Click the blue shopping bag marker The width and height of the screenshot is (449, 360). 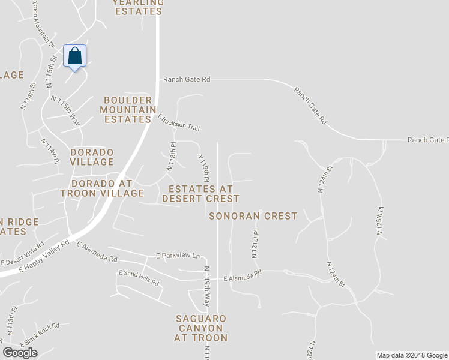tap(75, 56)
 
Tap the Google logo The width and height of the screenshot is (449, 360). tap(20, 353)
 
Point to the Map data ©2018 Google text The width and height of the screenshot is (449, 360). tap(411, 355)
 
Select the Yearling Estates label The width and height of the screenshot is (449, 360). tap(138, 7)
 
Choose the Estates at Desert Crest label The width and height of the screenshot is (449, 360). tap(200, 193)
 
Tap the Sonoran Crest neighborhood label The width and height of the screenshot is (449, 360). tap(253, 216)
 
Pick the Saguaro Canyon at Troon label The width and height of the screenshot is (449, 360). tap(201, 328)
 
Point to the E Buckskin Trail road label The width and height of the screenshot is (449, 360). tap(178, 122)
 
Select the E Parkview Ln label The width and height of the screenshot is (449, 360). tap(178, 256)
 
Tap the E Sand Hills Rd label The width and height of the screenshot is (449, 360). tap(139, 278)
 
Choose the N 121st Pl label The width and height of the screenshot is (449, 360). tap(256, 244)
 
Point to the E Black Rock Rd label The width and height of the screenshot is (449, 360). tap(40, 335)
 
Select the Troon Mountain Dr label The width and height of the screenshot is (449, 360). tap(43, 24)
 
